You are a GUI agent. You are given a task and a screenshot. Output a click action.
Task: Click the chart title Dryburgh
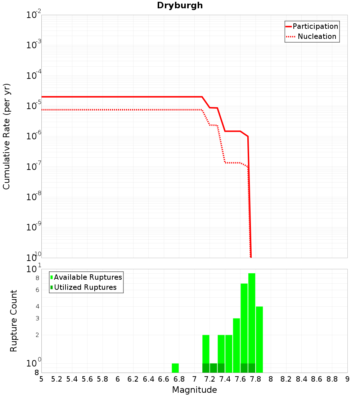[180, 5]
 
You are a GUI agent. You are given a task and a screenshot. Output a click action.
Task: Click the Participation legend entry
[315, 26]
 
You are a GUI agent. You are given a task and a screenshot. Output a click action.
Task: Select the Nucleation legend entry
[317, 36]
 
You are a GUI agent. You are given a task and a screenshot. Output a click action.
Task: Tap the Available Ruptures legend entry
[88, 277]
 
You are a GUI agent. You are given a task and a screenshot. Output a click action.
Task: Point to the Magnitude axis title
[194, 390]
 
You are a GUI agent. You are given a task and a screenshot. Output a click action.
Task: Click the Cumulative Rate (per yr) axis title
[6, 136]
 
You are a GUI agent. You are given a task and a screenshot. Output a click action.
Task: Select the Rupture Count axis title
[14, 321]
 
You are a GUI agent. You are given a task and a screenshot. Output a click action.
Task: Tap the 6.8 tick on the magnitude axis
[179, 379]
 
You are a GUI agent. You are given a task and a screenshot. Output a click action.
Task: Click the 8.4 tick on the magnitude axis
[301, 379]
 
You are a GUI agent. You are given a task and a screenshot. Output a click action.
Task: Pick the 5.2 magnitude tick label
[57, 379]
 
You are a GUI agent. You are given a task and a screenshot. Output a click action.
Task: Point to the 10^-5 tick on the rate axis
[34, 107]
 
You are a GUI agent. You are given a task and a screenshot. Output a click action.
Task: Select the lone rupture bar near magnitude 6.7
[175, 368]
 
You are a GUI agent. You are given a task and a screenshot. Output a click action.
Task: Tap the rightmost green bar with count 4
[259, 339]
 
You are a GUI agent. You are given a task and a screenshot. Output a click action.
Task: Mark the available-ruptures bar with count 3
[237, 345]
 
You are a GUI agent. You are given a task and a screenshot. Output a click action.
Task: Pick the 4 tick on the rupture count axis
[37, 307]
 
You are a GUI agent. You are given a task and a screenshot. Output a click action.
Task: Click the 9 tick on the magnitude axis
[347, 379]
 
